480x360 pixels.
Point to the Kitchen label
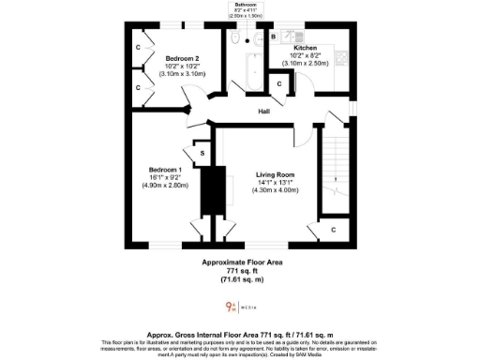306,48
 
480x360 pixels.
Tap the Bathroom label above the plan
248,5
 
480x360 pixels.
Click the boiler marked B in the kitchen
274,37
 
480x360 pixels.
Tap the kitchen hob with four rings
343,56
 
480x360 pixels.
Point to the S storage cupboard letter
202,152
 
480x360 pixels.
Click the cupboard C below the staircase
336,228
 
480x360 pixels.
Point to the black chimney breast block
217,192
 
